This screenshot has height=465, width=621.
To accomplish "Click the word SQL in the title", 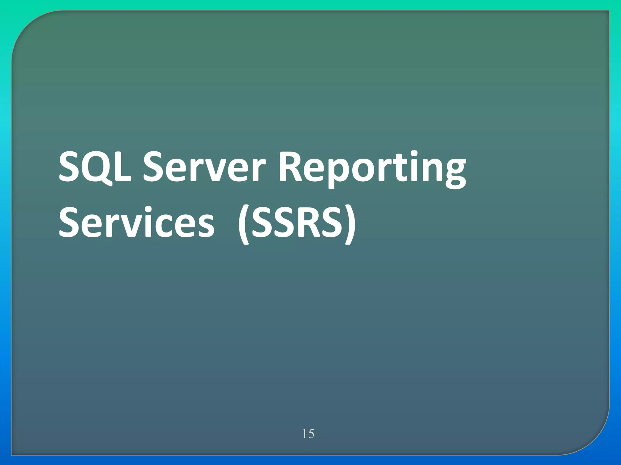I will click(x=95, y=167).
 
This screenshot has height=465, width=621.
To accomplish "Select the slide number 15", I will click(x=308, y=434).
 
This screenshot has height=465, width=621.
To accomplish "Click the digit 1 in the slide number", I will click(x=304, y=434).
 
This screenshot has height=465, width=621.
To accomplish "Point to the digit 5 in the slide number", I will click(x=311, y=434).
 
